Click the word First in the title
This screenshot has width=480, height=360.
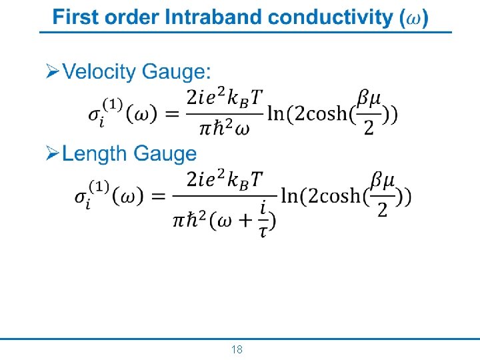point(74,18)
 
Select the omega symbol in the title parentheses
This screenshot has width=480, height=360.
point(413,19)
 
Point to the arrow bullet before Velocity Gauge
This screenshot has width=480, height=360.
point(52,72)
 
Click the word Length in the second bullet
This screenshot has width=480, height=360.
point(95,154)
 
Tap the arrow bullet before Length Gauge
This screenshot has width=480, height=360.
point(52,154)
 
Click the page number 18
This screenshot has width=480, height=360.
point(237,349)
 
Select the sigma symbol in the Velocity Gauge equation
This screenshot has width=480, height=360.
point(95,115)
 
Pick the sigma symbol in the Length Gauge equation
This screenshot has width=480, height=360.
point(82,198)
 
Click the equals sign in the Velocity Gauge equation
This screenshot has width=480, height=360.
point(171,115)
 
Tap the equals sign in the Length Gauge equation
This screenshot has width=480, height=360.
point(157,197)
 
